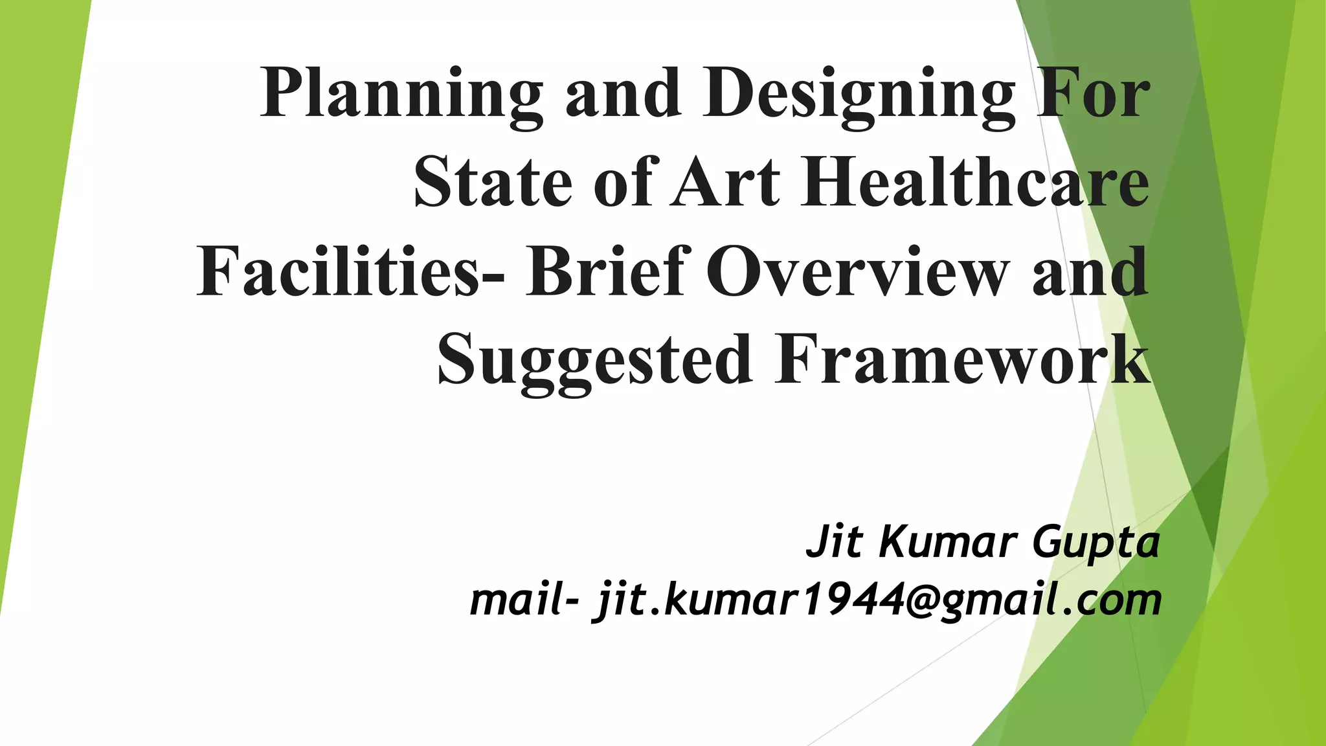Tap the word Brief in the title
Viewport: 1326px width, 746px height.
(605, 272)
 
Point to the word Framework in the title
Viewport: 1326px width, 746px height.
(962, 360)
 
